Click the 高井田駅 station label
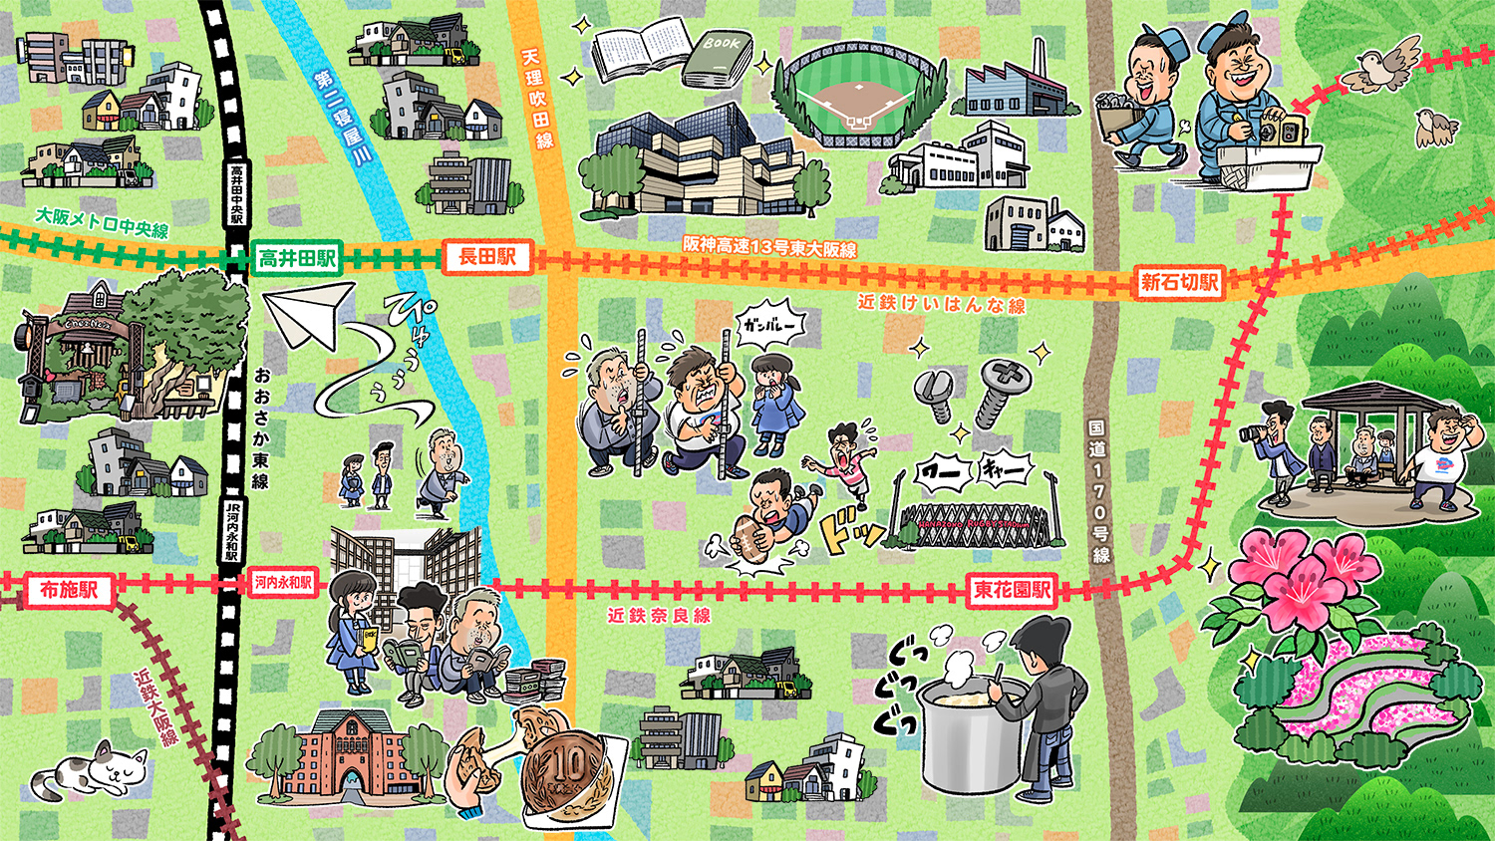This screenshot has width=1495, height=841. pyautogui.click(x=296, y=259)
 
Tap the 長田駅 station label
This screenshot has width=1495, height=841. pyautogui.click(x=487, y=257)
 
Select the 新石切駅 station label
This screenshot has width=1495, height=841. pyautogui.click(x=1179, y=282)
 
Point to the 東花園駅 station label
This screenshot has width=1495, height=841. pyautogui.click(x=1013, y=590)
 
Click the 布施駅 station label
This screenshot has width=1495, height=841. pyautogui.click(x=69, y=590)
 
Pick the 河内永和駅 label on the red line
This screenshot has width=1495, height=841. pyautogui.click(x=283, y=583)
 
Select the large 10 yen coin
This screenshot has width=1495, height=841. pyautogui.click(x=571, y=770)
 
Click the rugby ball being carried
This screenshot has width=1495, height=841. pyautogui.click(x=750, y=539)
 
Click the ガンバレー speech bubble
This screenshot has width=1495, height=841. pyautogui.click(x=769, y=326)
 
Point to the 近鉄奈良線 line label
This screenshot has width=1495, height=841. pyautogui.click(x=659, y=616)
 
